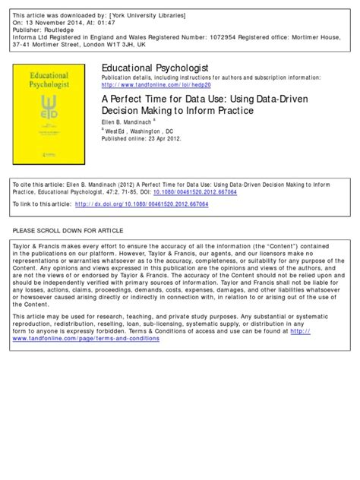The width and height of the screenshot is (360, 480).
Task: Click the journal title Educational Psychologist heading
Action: pos(151,69)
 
